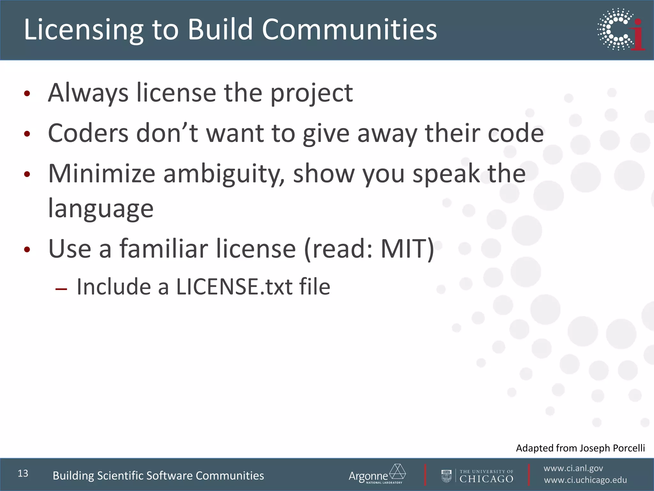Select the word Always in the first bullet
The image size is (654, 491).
(88, 93)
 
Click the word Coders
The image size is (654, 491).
(88, 133)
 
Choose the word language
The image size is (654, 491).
(101, 209)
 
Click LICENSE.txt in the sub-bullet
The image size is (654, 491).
(234, 287)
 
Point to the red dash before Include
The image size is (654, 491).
(61, 289)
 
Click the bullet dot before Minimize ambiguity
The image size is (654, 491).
(27, 174)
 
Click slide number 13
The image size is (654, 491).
(23, 473)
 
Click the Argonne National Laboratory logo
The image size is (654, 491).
(377, 474)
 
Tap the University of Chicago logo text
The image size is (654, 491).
(486, 476)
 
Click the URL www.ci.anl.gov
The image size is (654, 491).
(573, 468)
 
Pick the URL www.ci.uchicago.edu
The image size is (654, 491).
(585, 480)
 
